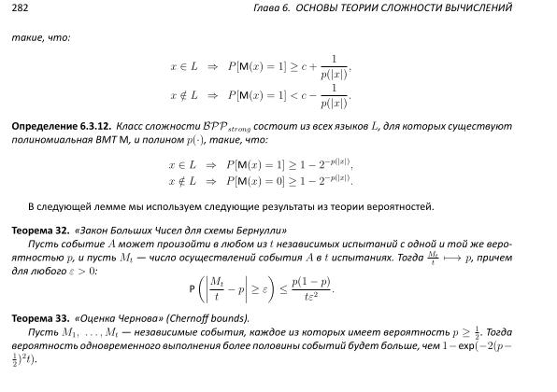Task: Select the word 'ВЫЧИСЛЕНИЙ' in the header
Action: pyautogui.click(x=506, y=7)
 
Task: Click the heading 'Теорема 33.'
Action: pyautogui.click(x=38, y=318)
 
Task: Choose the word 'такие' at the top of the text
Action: pyautogui.click(x=25, y=38)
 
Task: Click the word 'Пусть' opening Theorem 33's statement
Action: pyautogui.click(x=42, y=331)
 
